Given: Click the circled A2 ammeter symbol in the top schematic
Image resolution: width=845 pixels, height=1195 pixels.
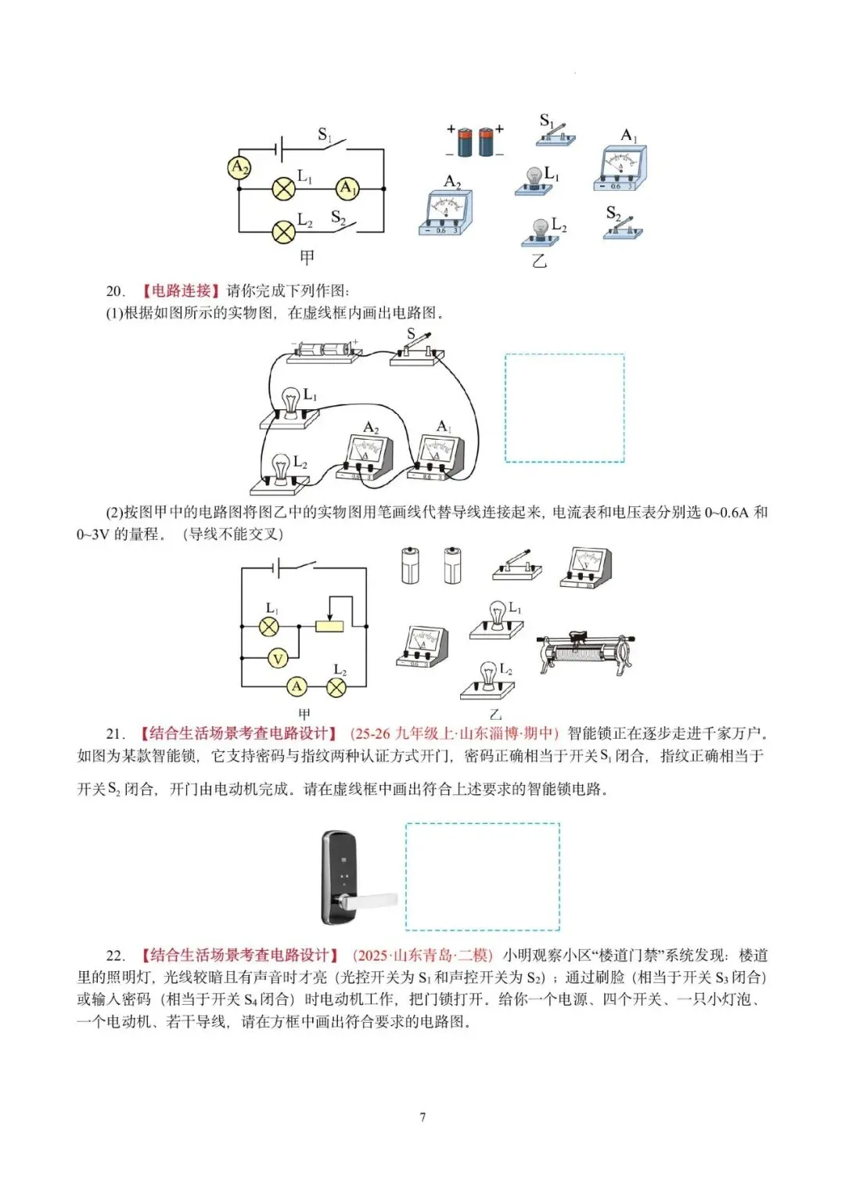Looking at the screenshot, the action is pos(239,167).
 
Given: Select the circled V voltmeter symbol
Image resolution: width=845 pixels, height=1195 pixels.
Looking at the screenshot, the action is pos(278,659).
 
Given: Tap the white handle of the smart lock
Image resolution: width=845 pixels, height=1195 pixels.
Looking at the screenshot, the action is pos(372,902).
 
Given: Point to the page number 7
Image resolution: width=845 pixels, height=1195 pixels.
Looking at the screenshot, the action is pos(422,1117).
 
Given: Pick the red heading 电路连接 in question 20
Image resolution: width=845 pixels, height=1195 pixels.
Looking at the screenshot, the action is pos(182,291).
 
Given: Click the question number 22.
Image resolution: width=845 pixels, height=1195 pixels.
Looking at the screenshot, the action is pos(115,956).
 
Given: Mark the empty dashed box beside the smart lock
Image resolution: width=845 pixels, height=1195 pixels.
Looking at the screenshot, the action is pos(482,876).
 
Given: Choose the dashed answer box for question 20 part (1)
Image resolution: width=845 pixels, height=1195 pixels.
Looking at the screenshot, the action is pos(564,408).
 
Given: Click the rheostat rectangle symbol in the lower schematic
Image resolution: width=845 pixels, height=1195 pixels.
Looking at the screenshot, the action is pos(329,625).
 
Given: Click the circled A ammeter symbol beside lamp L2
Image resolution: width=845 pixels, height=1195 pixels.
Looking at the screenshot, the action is pos(297,687).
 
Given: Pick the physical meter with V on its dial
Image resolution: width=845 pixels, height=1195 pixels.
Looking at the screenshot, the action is pos(586,567).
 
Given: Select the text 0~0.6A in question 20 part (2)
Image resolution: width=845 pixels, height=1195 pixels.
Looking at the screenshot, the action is pos(726,513).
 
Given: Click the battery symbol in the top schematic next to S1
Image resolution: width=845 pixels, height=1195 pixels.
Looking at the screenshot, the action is pos(278,148).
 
